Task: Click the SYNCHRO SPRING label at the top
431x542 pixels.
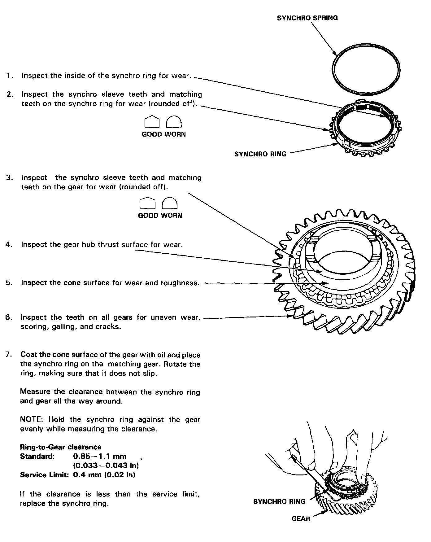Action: [307, 18]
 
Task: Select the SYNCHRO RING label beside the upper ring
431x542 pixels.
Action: [260, 154]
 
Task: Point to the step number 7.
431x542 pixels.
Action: [9, 354]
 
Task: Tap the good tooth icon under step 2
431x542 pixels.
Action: [152, 122]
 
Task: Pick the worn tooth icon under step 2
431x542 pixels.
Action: [174, 122]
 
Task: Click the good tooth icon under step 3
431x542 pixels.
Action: [147, 203]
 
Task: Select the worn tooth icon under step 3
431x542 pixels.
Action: [170, 203]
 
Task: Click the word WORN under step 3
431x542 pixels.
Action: [171, 215]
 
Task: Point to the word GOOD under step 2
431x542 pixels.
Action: [152, 134]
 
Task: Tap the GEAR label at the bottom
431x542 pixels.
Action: [301, 518]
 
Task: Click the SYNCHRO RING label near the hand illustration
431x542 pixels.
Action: [279, 501]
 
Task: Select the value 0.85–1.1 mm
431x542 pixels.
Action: [100, 456]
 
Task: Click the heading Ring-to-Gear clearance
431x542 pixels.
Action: [61, 447]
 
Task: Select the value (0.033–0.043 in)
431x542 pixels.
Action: [106, 466]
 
